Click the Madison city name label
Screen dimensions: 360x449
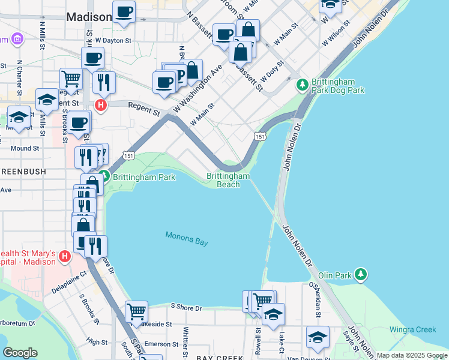(89, 17)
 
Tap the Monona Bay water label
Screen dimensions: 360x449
(187, 238)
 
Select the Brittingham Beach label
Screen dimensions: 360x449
(228, 180)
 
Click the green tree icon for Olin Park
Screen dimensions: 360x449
(360, 275)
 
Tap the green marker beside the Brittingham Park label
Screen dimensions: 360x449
(105, 177)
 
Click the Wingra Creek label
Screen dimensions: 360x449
(412, 329)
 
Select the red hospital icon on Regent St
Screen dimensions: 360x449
(101, 106)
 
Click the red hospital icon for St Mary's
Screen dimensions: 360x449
(65, 258)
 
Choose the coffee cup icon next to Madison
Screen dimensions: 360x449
(124, 13)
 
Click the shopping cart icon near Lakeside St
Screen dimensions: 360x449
(137, 311)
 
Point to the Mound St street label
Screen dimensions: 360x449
(25, 148)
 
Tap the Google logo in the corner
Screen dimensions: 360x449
(20, 353)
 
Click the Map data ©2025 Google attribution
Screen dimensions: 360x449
(411, 355)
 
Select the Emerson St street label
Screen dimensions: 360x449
(158, 344)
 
